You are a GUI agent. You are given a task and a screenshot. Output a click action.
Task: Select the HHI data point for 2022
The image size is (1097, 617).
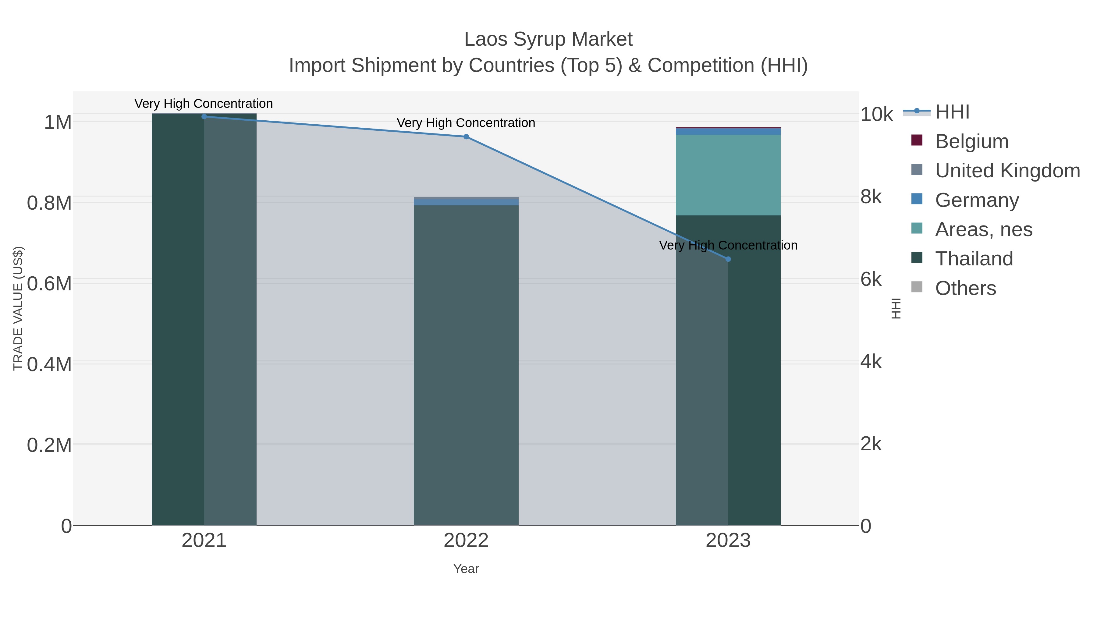pyautogui.click(x=466, y=137)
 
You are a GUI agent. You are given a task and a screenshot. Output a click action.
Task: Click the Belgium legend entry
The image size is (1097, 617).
pyautogui.click(x=971, y=141)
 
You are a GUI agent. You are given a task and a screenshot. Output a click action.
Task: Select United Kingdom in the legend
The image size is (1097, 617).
pyautogui.click(x=1007, y=171)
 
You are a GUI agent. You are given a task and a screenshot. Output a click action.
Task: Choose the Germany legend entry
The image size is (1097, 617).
pyautogui.click(x=977, y=200)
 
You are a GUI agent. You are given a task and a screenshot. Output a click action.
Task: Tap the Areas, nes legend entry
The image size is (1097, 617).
pyautogui.click(x=983, y=229)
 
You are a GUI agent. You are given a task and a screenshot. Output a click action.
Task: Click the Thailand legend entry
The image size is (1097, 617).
pyautogui.click(x=974, y=259)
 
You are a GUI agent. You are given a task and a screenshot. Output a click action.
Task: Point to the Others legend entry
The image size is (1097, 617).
pyautogui.click(x=965, y=288)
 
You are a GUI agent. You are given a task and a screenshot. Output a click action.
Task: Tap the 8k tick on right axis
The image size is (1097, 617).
pyautogui.click(x=871, y=197)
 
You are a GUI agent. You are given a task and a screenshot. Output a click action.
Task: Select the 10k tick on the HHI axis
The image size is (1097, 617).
pyautogui.click(x=876, y=115)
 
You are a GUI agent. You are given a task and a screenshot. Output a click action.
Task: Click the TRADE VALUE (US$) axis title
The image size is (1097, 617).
pyautogui.click(x=18, y=308)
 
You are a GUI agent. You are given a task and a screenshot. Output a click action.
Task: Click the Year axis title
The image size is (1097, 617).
pyautogui.click(x=466, y=569)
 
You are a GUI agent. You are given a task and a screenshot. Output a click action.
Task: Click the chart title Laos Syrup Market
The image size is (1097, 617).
pyautogui.click(x=548, y=40)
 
